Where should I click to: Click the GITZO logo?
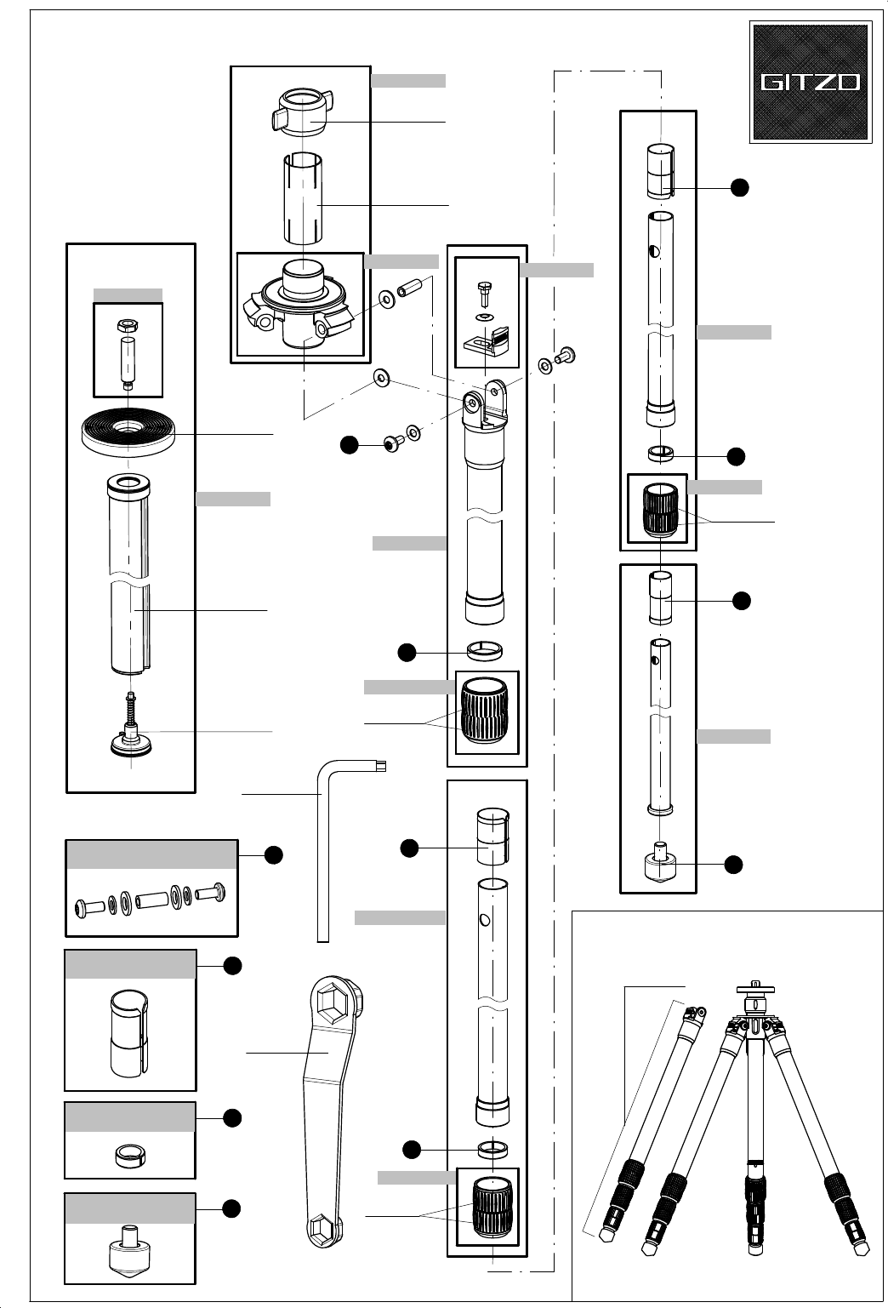click(x=811, y=82)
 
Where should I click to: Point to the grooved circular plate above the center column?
click(x=129, y=431)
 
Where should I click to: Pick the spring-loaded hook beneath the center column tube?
click(x=129, y=728)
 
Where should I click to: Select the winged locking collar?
click(x=302, y=112)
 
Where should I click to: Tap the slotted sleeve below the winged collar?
click(x=304, y=198)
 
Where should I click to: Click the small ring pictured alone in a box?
click(x=130, y=1156)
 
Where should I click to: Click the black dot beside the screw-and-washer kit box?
click(x=274, y=855)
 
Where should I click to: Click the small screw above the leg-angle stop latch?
click(x=484, y=294)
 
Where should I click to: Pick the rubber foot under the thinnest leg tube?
click(x=659, y=860)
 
